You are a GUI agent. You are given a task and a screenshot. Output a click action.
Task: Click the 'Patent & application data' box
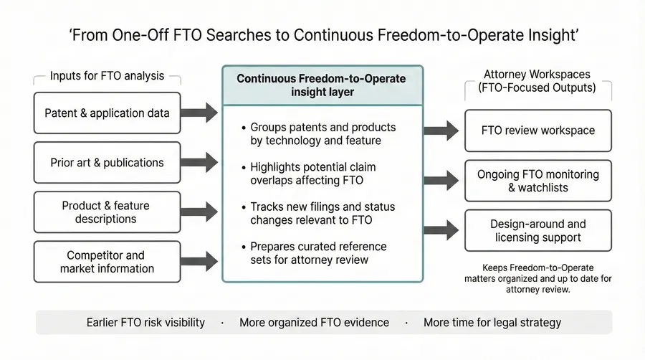107,113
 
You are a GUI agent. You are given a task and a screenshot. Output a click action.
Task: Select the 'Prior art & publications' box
107,163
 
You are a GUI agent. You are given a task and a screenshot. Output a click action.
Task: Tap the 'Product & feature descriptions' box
107,212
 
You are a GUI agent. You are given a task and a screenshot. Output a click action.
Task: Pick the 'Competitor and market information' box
107,262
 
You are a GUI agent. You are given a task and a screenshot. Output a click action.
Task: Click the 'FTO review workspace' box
537,131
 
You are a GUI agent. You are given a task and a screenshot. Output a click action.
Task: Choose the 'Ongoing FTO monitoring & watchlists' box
537,181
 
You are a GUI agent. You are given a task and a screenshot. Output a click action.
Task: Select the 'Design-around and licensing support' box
537,230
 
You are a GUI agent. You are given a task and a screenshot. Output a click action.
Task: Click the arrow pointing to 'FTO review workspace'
441,131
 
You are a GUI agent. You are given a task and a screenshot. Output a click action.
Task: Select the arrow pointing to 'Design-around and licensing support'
441,229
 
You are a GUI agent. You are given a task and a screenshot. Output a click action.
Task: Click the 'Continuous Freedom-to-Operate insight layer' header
322,85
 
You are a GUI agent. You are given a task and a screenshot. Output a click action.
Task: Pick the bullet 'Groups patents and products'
322,134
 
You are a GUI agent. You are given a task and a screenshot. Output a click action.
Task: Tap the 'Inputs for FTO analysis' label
107,76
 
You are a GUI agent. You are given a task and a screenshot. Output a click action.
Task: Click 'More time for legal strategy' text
492,322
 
